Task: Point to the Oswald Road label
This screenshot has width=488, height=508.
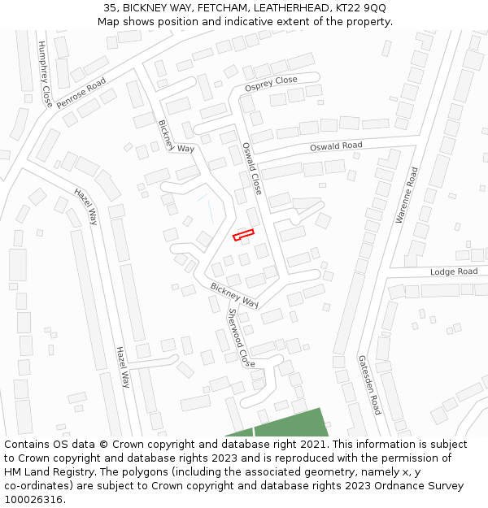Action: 336,146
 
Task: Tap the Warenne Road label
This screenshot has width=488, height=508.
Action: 407,195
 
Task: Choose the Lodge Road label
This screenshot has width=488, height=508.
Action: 454,271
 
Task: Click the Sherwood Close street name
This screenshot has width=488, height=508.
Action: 241,337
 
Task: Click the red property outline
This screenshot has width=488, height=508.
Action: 243,235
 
